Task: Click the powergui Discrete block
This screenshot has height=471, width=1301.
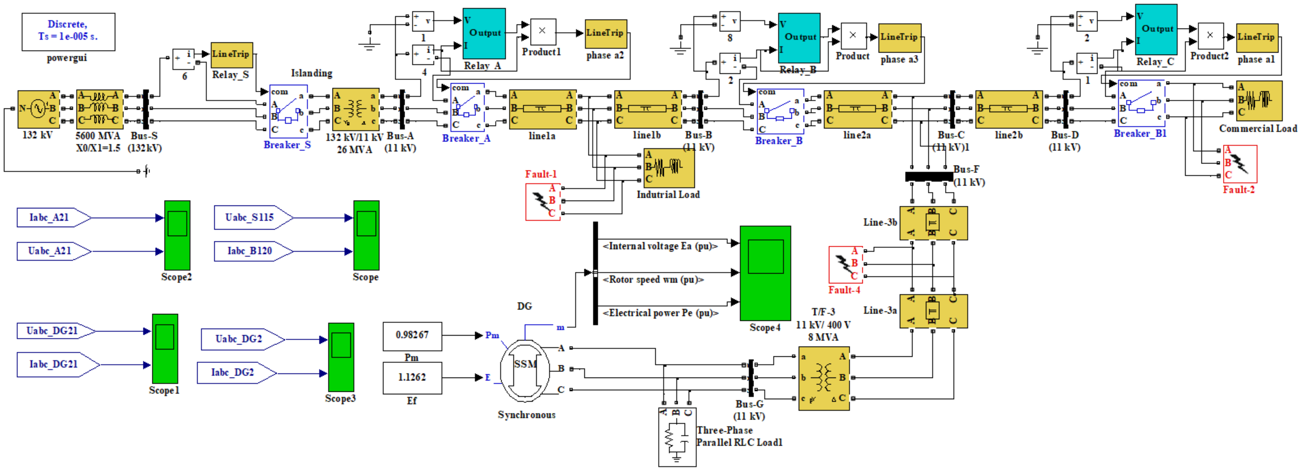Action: tap(68, 31)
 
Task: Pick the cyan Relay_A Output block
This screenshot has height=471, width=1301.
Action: tap(484, 33)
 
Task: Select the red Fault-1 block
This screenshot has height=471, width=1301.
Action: tap(543, 202)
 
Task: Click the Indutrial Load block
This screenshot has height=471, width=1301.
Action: tap(669, 167)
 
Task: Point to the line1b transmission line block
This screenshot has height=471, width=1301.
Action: tap(647, 109)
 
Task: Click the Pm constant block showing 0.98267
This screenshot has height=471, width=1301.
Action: tap(412, 336)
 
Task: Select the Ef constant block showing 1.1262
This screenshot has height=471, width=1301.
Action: tap(412, 378)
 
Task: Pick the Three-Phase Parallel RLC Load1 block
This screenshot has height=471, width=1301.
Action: tap(677, 438)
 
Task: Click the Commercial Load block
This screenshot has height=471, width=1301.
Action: tap(1259, 100)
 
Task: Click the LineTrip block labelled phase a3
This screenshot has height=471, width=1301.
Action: tap(900, 37)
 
